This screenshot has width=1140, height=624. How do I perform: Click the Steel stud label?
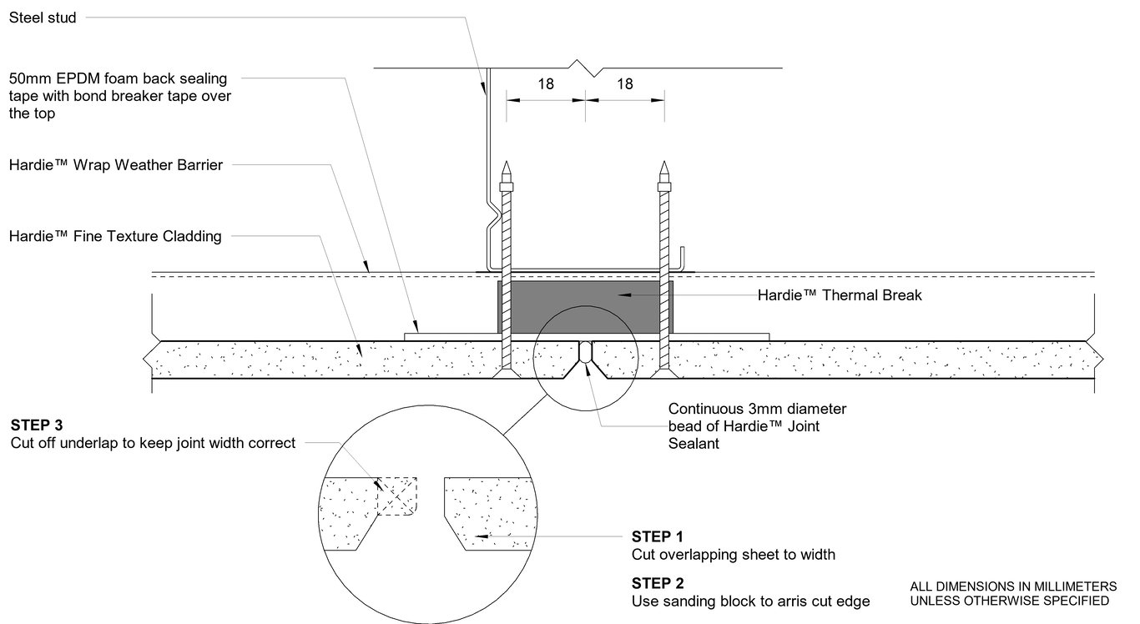(x=43, y=18)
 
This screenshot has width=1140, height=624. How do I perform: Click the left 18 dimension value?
(x=546, y=83)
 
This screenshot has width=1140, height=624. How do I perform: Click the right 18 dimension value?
(x=624, y=83)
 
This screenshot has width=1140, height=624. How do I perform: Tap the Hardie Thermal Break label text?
(x=840, y=295)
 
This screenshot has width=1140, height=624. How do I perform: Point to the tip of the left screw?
(x=506, y=164)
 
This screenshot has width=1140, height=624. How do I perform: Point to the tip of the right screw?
(x=664, y=164)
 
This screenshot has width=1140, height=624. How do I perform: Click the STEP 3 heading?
(x=37, y=425)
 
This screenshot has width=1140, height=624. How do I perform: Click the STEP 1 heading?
(x=658, y=536)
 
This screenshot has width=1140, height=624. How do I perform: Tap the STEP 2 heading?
(x=658, y=583)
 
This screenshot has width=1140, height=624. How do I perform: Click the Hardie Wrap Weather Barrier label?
(x=115, y=165)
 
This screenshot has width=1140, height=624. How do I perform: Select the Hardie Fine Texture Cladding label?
(x=115, y=236)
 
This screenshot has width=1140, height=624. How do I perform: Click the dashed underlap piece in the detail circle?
(x=397, y=497)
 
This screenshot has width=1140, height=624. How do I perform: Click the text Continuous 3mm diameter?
(x=757, y=410)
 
